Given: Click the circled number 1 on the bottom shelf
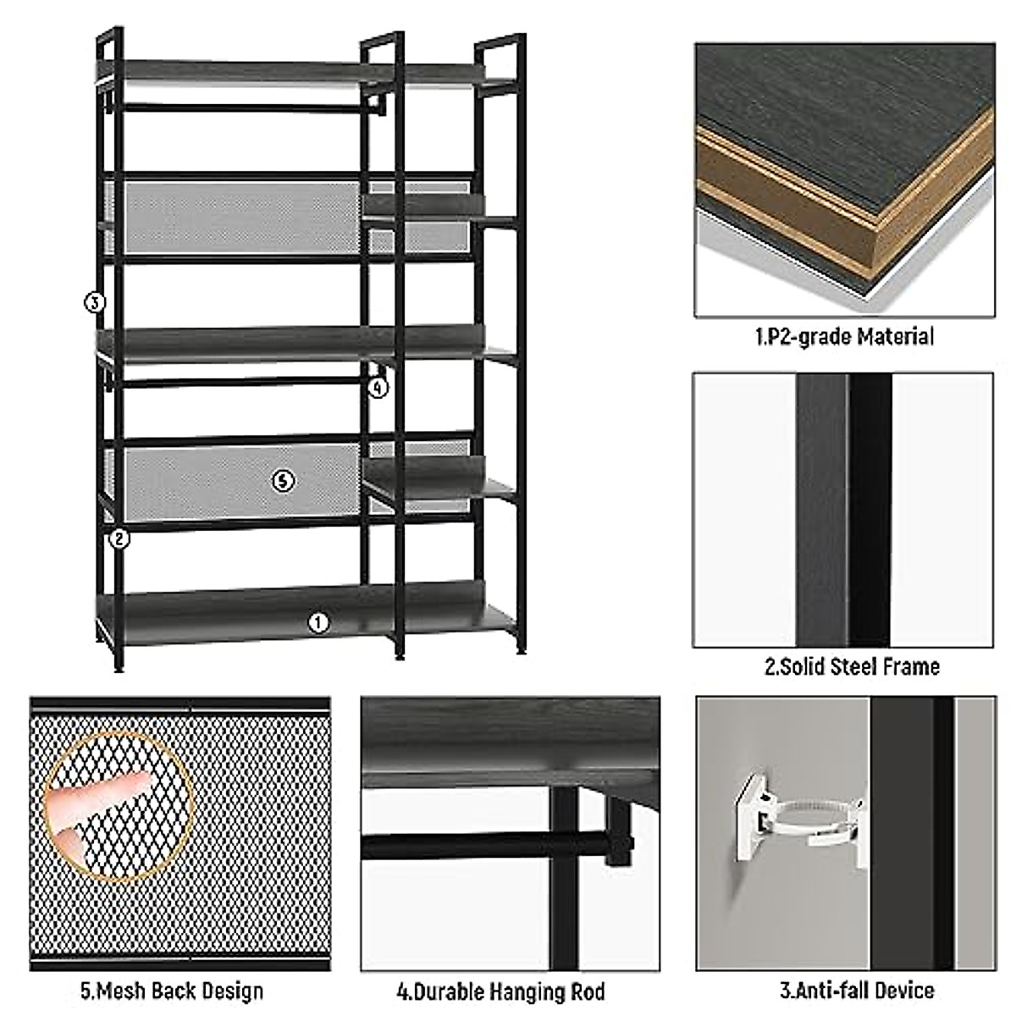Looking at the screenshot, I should [x=317, y=622].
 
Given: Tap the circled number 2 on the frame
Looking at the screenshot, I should [x=119, y=538].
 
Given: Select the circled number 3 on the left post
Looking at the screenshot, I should [x=94, y=301].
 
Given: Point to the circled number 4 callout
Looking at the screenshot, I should [x=378, y=388].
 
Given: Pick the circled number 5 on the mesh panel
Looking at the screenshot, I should [x=283, y=481].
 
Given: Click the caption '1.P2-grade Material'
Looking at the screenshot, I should [x=844, y=337].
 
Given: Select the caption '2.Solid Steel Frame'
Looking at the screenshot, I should [x=852, y=666].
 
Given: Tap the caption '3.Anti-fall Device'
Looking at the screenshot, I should [x=856, y=990].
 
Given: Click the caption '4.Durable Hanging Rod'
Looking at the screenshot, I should [x=500, y=991].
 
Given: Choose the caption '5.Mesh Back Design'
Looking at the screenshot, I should [x=172, y=991].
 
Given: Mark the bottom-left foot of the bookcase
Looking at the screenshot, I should [x=119, y=666].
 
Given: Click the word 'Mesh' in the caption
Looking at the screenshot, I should [x=121, y=991].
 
